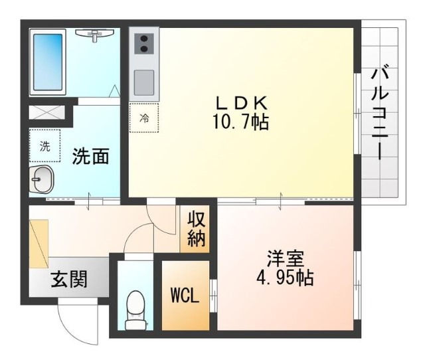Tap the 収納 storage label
point(196,228)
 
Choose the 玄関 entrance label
point(69,280)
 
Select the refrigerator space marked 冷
point(144,119)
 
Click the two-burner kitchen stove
point(143,43)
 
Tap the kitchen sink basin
point(143,82)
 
